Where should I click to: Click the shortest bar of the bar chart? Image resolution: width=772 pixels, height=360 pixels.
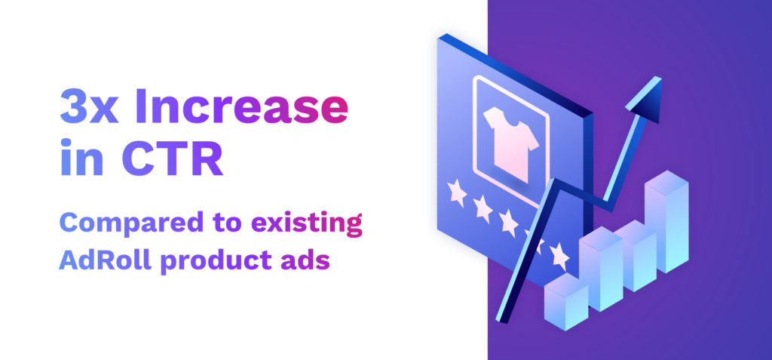(565, 302)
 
